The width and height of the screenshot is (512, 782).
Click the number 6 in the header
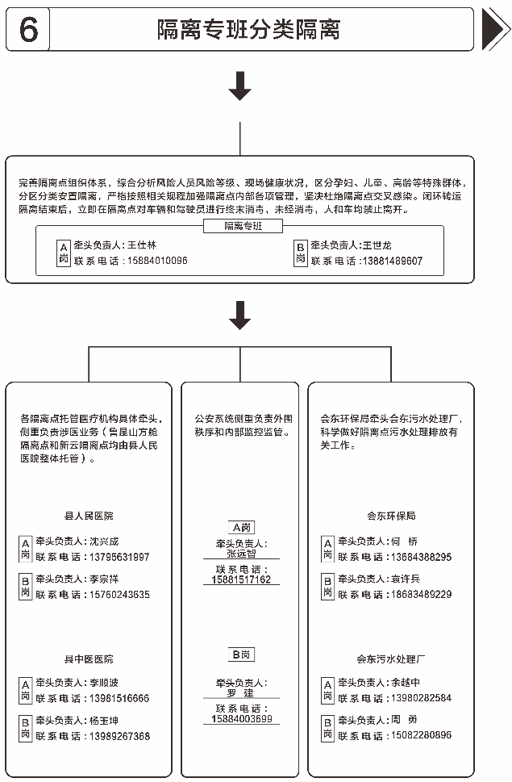coord(28,29)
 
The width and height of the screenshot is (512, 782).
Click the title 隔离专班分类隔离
coord(248,30)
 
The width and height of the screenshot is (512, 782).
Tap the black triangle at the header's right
coord(494,30)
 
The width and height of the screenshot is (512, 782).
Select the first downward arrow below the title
coord(239,86)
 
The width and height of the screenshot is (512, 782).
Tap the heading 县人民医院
coord(89,516)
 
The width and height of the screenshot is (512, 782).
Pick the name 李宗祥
coord(104,579)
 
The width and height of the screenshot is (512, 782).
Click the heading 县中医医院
coord(89,659)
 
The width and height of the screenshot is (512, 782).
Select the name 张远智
coord(241,554)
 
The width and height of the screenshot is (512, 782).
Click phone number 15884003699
coord(241,718)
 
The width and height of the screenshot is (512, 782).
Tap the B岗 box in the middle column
coord(241,654)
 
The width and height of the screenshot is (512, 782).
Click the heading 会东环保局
coord(391,516)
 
